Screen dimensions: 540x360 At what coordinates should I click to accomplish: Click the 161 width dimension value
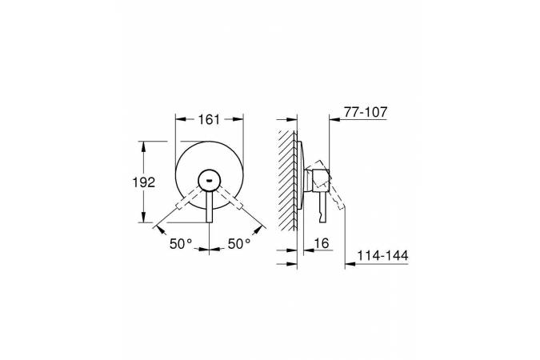209,119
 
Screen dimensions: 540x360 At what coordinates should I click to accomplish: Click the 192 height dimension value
144,182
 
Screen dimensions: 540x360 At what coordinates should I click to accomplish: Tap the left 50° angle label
181,244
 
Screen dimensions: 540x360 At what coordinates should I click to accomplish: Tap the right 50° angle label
239,244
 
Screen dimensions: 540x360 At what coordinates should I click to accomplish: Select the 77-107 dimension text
366,112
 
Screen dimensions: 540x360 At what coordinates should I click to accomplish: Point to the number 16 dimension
322,243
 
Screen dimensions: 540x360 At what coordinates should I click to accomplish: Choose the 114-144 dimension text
382,256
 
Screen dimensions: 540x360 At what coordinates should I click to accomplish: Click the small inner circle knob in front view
210,180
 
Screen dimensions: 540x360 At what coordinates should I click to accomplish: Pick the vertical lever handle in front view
210,206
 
